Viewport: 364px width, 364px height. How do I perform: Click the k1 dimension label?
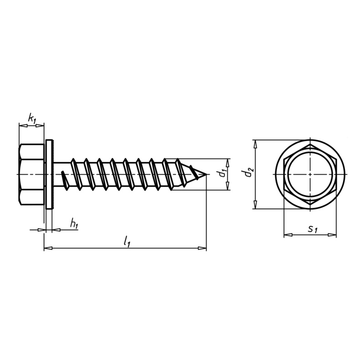tap(32, 119)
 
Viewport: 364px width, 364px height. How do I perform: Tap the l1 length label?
tap(127, 241)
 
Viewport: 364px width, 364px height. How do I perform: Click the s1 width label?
tap(313, 229)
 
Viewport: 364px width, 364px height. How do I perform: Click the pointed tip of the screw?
tap(206, 174)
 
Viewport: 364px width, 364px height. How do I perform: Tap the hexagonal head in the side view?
tap(31, 174)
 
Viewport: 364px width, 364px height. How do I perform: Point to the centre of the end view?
tap(310, 174)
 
